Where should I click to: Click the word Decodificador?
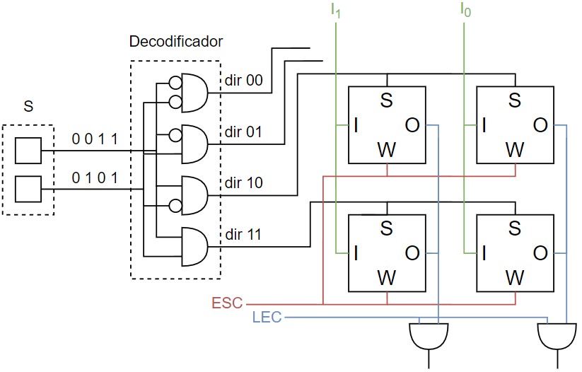point(176,41)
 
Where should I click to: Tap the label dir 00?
point(243,80)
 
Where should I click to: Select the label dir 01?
point(243,132)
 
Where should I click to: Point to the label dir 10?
point(243,182)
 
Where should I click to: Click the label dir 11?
point(243,234)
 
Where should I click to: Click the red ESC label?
point(227,303)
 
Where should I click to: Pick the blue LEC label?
point(267,317)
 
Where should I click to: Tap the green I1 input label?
point(335,11)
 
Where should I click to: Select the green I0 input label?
point(465,10)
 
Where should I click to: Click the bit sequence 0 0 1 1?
point(95,139)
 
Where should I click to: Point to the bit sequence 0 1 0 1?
point(95,178)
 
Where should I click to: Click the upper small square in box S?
point(28,151)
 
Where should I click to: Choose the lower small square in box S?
point(28,190)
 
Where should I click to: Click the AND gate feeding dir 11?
point(194,247)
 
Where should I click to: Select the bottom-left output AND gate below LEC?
point(429,336)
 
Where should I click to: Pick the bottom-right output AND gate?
point(557,336)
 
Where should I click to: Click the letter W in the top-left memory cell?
point(387,150)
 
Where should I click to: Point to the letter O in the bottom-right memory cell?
point(540,254)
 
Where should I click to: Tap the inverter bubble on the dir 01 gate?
point(175,136)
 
